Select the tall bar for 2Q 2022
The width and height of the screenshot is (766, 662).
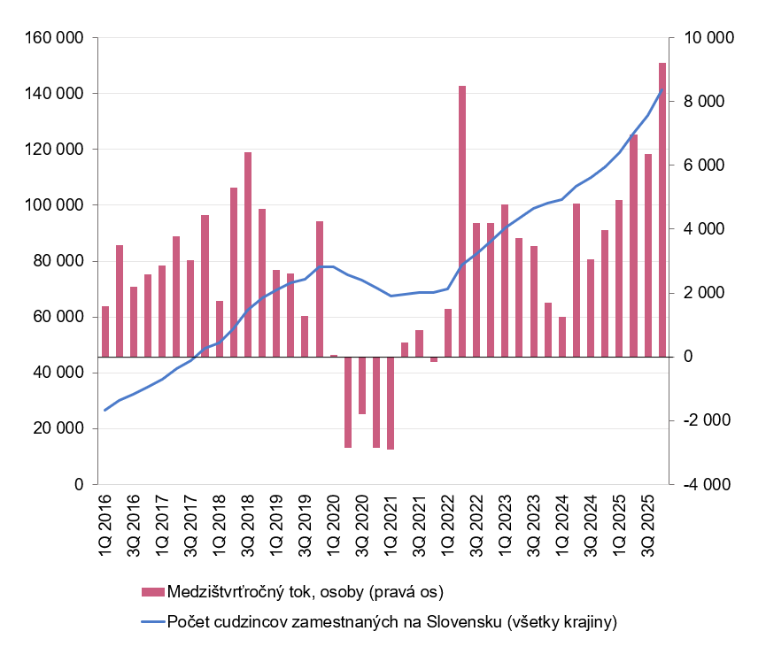462,221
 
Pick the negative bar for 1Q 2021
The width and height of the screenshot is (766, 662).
391,403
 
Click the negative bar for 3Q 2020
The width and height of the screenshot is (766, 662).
362,385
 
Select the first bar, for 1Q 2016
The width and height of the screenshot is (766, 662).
105,332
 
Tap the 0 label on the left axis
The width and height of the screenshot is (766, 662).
78,485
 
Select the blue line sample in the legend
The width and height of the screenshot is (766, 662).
152,621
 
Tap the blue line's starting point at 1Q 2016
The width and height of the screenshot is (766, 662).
105,410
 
